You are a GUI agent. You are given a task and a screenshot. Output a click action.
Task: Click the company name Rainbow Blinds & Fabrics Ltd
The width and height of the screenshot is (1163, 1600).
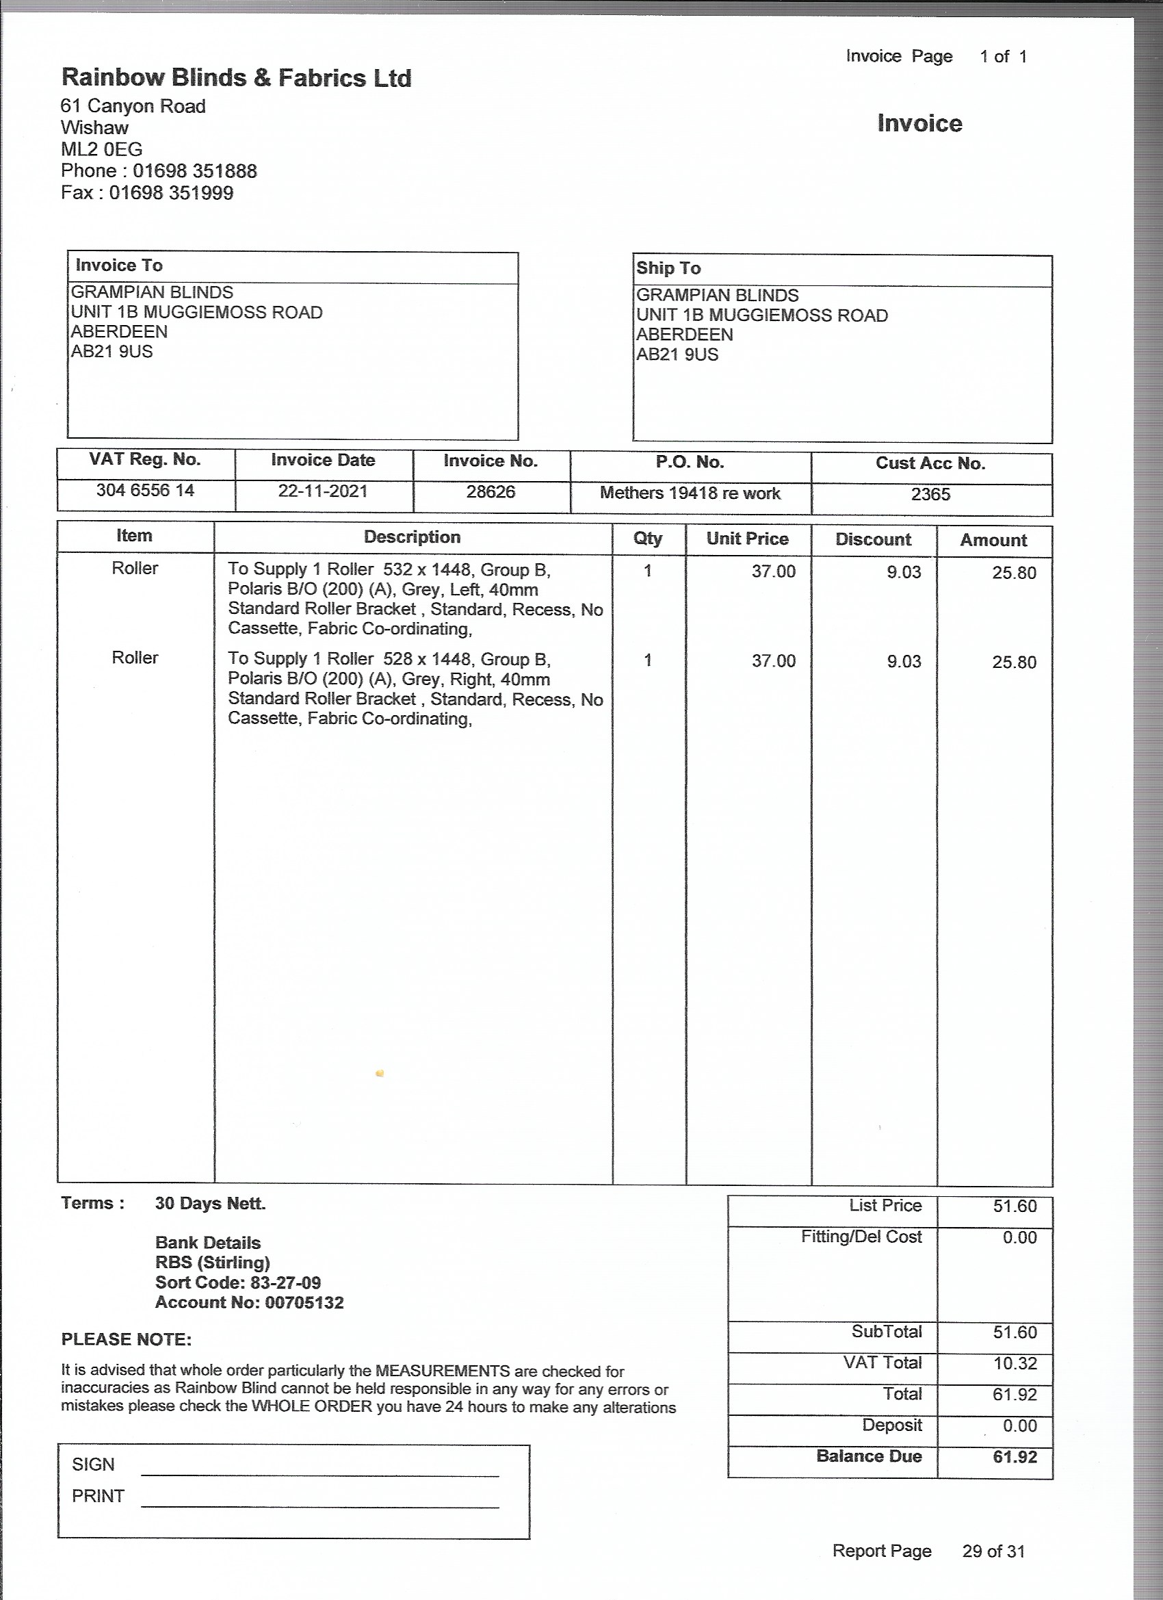tap(236, 77)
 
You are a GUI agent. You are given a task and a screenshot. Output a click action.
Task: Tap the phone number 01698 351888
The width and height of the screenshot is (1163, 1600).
tap(195, 170)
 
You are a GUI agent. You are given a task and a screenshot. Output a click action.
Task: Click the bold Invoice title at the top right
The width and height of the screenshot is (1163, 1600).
tap(919, 123)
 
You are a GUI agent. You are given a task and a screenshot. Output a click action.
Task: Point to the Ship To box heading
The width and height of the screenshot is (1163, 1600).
tap(668, 268)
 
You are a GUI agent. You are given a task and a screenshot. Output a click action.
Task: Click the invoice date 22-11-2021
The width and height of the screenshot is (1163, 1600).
tap(322, 491)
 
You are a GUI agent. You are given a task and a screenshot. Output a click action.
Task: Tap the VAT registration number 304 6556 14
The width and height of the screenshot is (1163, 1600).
tap(145, 490)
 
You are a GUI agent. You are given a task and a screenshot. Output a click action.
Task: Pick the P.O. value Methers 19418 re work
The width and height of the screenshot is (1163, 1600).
tap(690, 493)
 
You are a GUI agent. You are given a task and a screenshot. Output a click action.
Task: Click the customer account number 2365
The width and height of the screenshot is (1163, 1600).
tap(930, 495)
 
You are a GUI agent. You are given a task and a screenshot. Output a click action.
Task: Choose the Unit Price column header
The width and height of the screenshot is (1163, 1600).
tap(747, 539)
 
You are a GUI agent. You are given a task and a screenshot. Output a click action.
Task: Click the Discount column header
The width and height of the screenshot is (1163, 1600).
tap(873, 540)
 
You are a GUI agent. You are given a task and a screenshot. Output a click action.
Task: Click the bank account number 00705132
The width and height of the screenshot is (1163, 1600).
tap(304, 1302)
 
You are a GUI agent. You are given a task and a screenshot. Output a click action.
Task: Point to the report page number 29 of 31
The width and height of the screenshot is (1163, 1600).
tap(993, 1551)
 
